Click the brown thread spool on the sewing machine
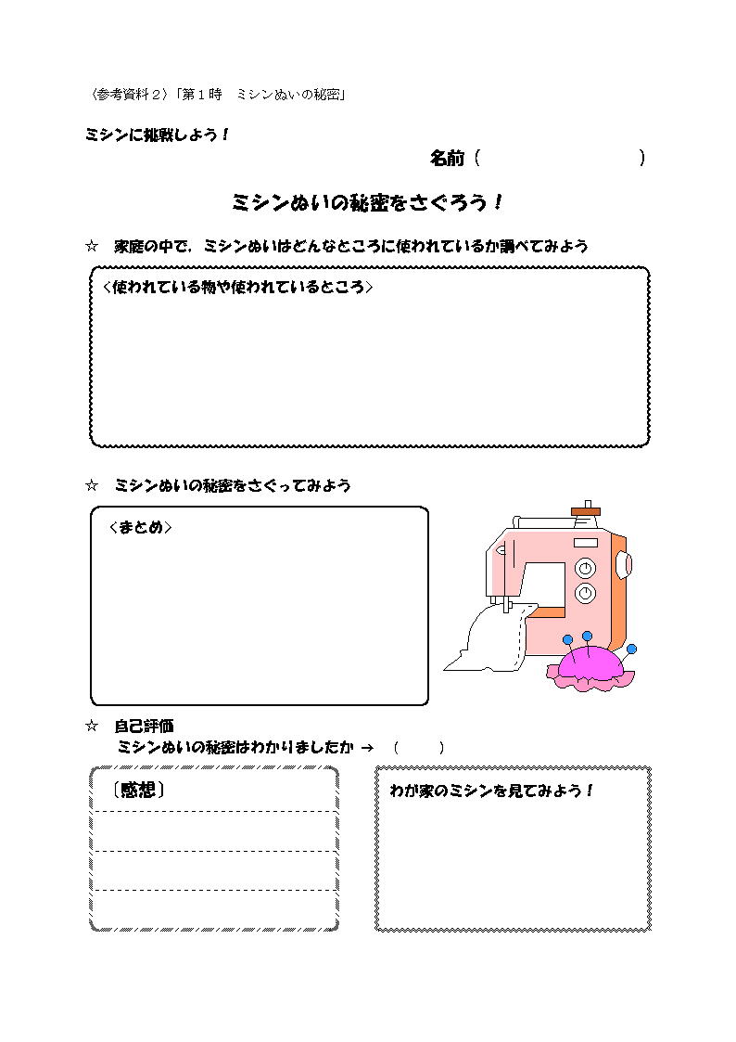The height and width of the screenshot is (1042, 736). point(585,511)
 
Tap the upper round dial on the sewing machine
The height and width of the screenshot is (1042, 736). point(585,568)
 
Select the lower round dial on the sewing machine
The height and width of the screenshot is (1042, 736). point(585,593)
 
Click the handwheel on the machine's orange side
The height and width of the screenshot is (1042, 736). point(623,565)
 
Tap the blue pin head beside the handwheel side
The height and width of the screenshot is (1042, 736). point(631,649)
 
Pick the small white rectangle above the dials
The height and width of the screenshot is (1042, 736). point(585,542)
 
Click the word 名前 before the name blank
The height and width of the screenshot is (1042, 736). point(448,158)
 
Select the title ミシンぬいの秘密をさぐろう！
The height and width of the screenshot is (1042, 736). point(367,202)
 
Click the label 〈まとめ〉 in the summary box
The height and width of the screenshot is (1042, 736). point(140,527)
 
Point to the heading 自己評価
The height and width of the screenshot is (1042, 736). point(144,726)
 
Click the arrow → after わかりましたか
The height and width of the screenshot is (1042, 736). point(367,748)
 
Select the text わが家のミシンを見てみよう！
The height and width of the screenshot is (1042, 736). point(491,791)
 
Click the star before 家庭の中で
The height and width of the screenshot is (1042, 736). point(92,247)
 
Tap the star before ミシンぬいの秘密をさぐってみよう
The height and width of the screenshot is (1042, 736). point(92,486)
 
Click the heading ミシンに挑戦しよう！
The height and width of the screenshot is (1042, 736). point(158,135)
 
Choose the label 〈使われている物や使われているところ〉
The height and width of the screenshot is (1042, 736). point(237,287)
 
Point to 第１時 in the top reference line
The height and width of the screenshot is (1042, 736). point(202,95)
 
